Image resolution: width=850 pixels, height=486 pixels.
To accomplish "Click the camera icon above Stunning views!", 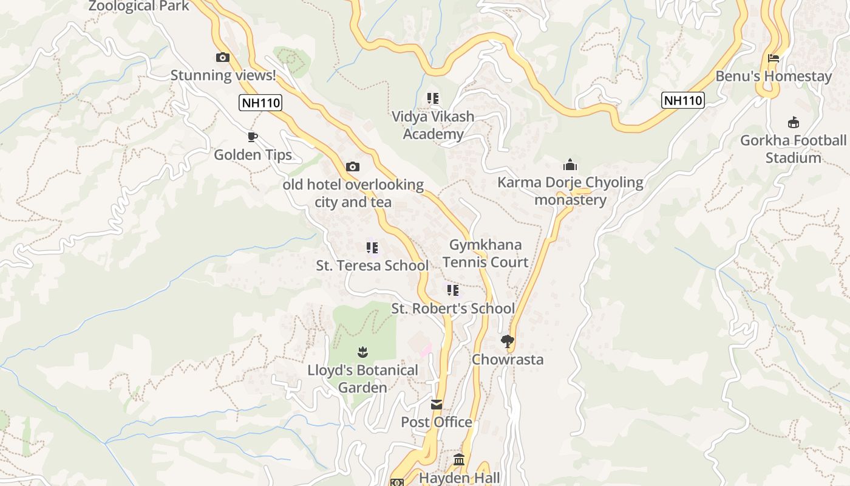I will tap(223, 58).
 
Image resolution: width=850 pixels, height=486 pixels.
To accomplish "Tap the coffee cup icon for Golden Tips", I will tap(253, 137).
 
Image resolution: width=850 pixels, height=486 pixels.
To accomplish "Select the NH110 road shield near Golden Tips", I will tap(260, 103).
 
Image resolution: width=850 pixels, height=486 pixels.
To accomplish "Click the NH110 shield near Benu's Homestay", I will tap(683, 100).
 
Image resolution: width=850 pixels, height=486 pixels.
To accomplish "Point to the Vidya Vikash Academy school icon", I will tap(433, 98).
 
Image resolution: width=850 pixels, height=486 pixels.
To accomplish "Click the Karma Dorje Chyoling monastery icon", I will tap(569, 165).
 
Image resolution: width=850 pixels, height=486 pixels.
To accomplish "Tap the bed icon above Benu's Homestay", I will tap(773, 58).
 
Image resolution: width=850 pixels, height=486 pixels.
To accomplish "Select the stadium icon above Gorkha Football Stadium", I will tap(793, 123).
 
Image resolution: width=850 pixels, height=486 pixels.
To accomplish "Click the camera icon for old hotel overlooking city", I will tap(352, 166).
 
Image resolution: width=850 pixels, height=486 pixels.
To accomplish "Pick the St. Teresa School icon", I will tap(372, 248).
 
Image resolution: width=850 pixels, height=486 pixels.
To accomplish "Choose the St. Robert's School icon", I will tap(452, 290).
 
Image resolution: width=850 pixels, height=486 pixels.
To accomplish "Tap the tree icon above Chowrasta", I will tap(508, 341).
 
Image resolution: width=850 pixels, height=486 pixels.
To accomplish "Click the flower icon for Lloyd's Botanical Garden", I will tap(362, 352).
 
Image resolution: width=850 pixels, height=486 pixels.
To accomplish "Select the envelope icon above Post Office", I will tap(437, 404).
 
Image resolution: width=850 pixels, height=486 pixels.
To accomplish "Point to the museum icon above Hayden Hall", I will tap(459, 460).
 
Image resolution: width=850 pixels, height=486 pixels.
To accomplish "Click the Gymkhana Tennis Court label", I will tap(485, 253).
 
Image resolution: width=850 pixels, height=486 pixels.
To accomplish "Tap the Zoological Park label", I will tap(139, 6).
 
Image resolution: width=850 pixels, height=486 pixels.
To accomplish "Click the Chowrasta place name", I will tap(508, 359).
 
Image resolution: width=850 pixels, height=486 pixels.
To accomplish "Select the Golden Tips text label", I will tap(253, 155).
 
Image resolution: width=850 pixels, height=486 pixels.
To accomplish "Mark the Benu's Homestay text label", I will tap(773, 77).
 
